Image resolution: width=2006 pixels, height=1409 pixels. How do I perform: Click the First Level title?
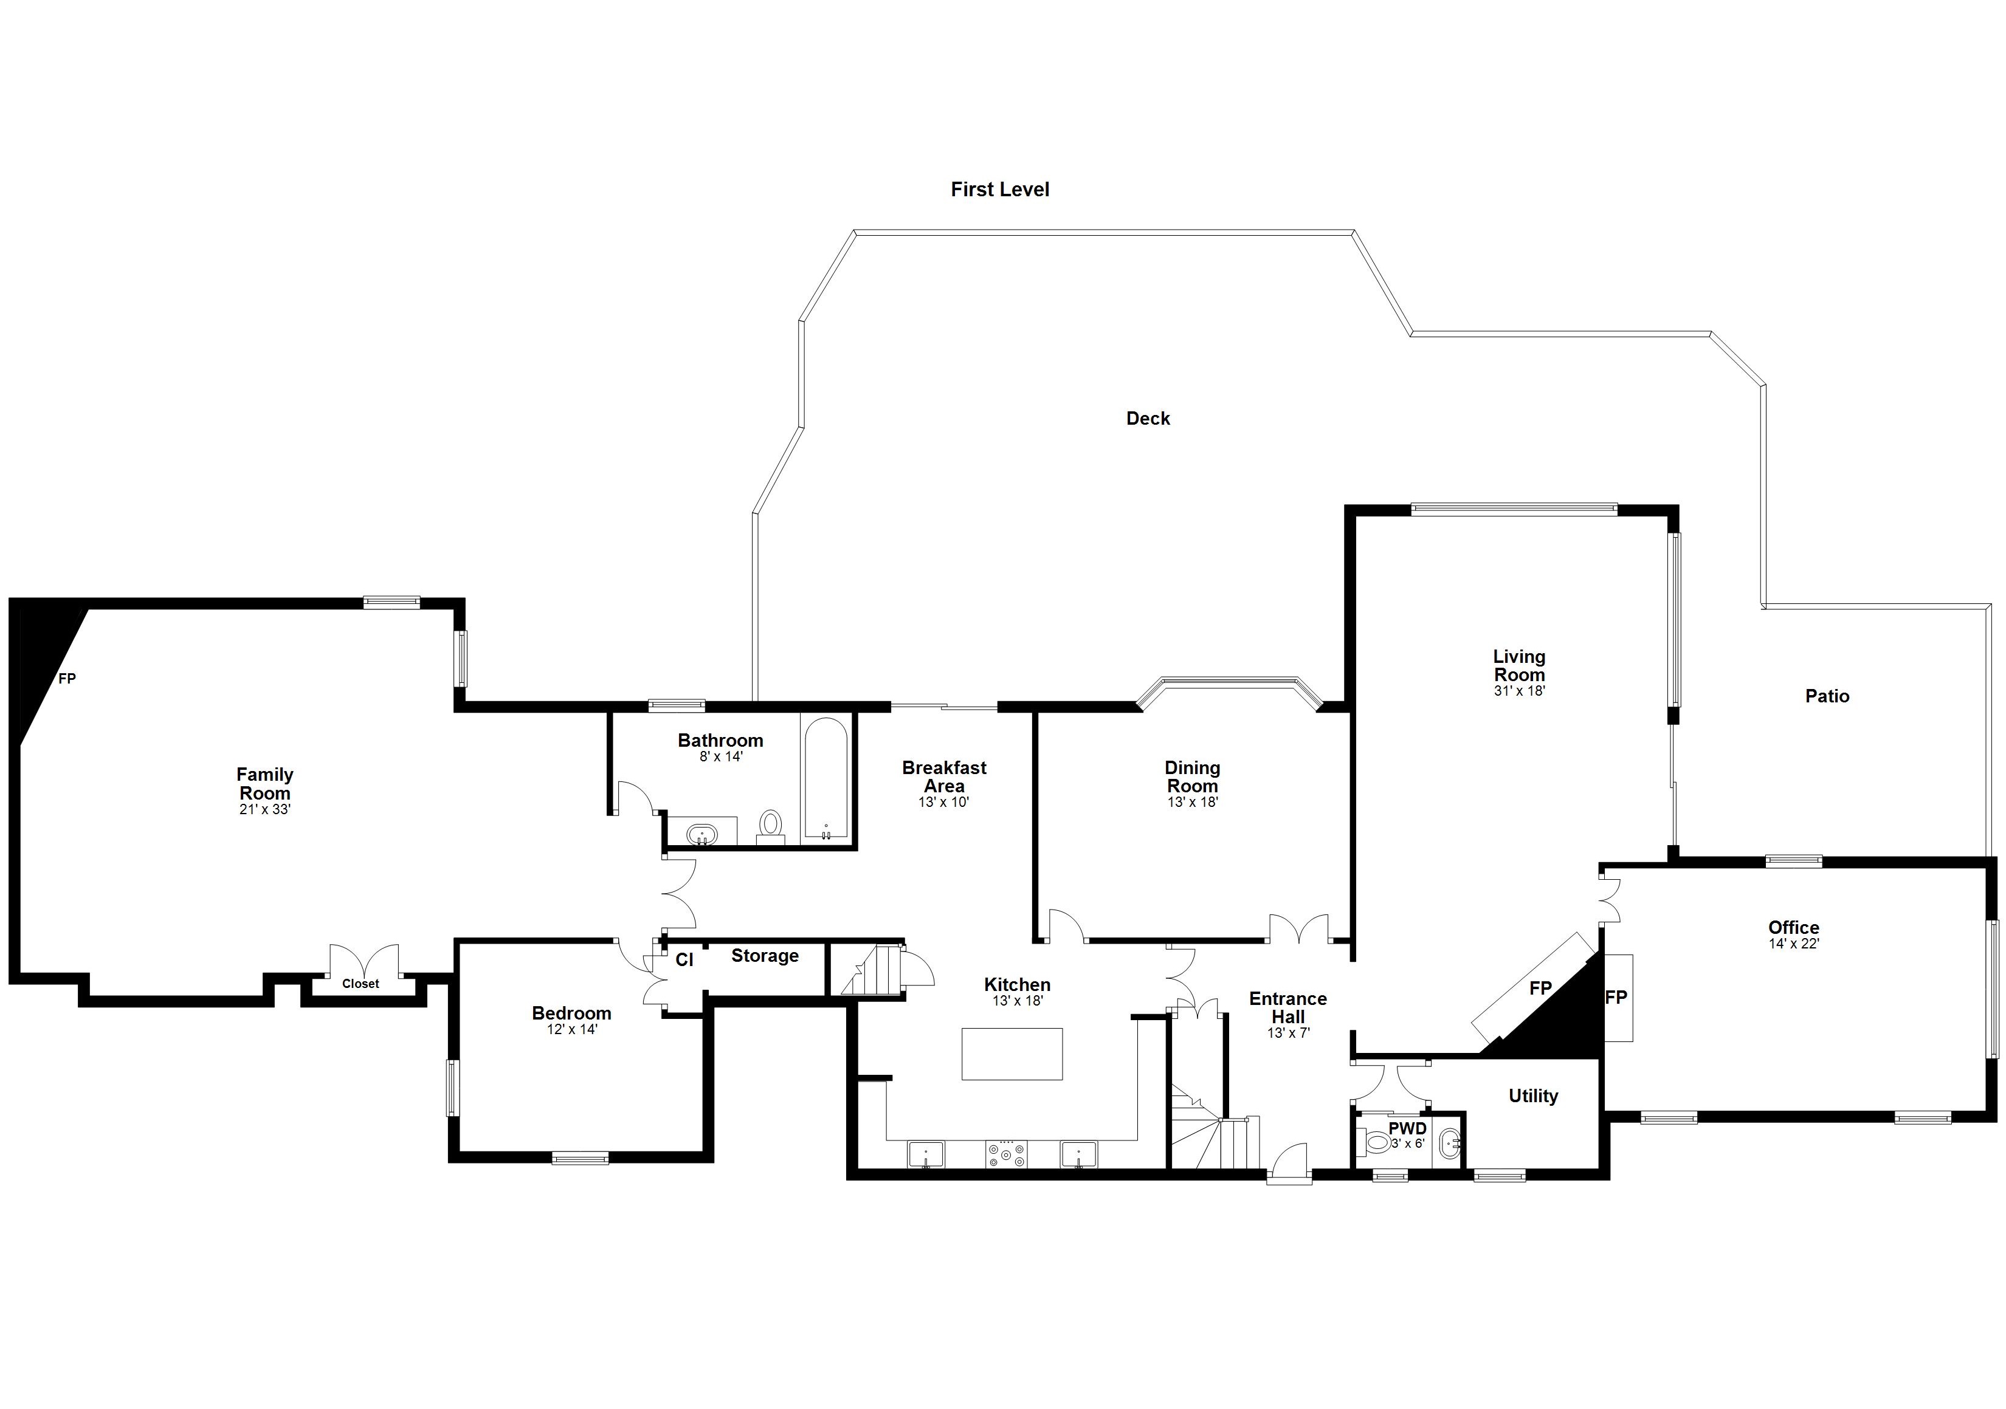pos(999,190)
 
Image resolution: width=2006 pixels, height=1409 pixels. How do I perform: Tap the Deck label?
pos(1147,419)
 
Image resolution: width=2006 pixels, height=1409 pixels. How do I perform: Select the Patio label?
pos(1827,696)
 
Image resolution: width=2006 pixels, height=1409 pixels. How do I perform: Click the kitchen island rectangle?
pos(1012,1054)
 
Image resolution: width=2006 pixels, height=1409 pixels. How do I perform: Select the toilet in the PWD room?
pos(1375,1142)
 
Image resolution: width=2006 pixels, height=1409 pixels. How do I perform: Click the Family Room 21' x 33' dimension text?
pos(264,810)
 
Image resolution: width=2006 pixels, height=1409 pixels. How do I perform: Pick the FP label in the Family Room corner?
pos(67,679)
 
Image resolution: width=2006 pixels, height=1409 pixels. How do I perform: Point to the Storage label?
pos(765,956)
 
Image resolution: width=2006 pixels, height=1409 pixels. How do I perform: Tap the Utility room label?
pos(1532,1096)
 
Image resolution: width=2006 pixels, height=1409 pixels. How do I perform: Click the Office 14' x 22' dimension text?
pos(1794,944)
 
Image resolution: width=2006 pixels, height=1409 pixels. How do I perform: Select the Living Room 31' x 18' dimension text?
pos(1519,690)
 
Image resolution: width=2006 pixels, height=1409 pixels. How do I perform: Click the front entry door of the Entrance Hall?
pos(1289,1167)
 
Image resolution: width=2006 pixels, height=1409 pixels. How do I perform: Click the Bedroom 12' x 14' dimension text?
pos(571,1029)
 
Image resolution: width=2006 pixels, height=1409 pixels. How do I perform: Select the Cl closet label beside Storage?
pos(684,960)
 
